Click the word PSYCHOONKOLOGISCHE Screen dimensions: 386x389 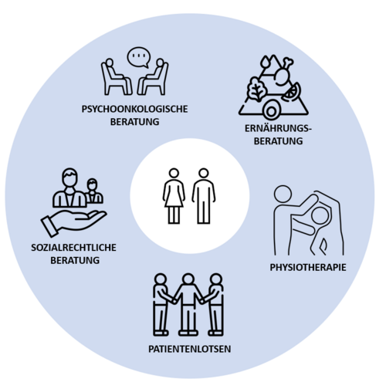coord(134,109)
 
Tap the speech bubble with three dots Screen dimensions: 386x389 coord(139,57)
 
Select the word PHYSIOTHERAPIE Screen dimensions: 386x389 coord(308,267)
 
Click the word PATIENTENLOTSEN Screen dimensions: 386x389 coord(190,349)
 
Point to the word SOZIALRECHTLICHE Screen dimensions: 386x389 coord(73,248)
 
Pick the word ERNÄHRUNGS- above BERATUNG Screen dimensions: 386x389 coord(278,128)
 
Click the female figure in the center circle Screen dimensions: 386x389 coord(174,196)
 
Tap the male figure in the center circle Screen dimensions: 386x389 coord(204,196)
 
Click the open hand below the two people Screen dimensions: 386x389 coord(73,222)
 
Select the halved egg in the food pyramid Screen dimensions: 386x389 coord(271,111)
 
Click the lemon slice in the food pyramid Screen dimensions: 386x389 coord(292,93)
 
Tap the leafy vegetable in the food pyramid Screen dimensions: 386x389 coord(256,88)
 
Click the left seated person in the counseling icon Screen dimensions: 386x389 coord(117,76)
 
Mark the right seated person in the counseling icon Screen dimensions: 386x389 coord(153,76)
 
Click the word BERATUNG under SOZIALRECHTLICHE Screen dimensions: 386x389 coord(75,260)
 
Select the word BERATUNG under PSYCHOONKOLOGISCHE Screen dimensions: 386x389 coord(134,121)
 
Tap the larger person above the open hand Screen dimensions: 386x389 coord(69,188)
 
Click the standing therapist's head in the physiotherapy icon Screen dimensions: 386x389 coord(283,194)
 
